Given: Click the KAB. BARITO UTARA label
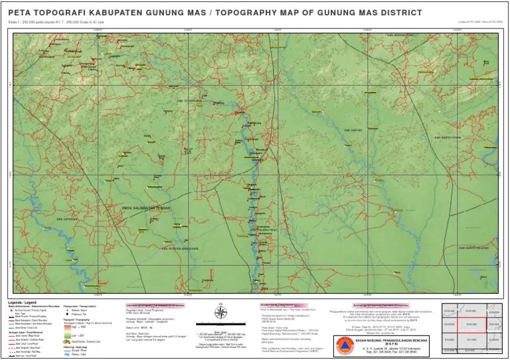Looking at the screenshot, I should point(446,137).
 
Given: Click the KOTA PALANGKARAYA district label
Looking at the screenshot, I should point(181,249).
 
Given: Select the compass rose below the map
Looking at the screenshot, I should point(222,312).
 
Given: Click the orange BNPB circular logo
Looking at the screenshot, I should point(343,345).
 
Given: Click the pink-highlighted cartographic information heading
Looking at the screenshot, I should point(154,304).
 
